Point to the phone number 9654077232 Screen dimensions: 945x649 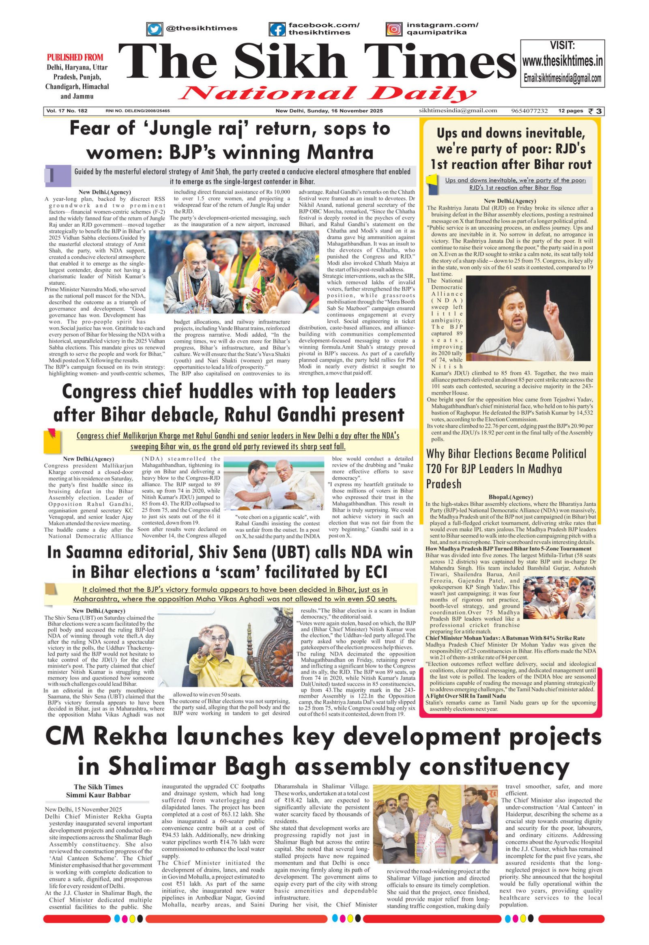(529, 111)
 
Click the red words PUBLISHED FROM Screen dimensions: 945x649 (75, 57)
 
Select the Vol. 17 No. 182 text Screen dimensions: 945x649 (67, 111)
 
